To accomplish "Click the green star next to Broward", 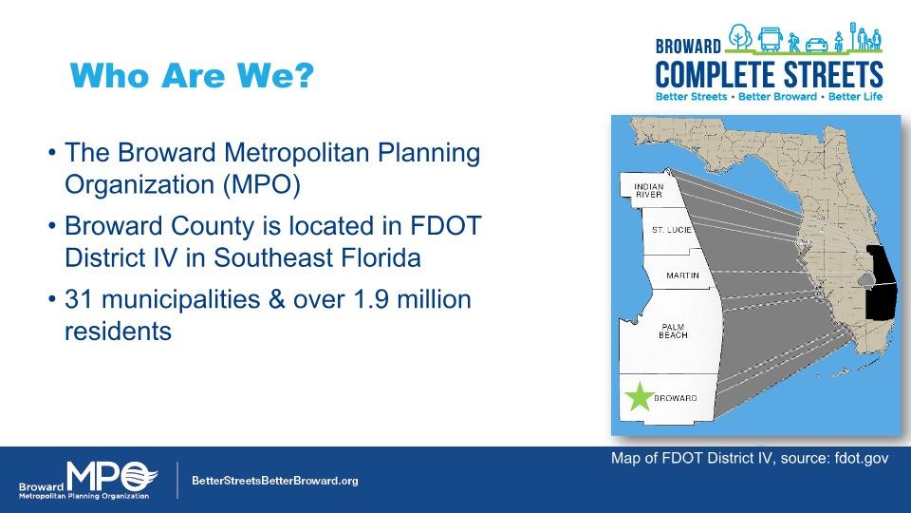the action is [639, 397].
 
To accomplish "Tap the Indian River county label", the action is [648, 191].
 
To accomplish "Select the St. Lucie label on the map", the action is [672, 230].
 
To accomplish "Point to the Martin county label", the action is [682, 275].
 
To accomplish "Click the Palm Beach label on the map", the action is [673, 331].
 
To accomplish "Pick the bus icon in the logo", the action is [770, 40].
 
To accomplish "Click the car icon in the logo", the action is [817, 45].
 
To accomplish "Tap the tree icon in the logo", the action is [739, 37].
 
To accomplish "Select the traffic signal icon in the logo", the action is [853, 36].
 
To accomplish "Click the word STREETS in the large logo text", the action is [833, 74].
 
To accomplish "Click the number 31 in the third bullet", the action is [79, 299].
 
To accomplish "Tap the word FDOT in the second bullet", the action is [446, 226].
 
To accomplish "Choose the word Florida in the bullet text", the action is [381, 257].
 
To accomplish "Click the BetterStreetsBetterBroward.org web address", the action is [275, 481].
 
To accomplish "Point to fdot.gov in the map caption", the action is [862, 458].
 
